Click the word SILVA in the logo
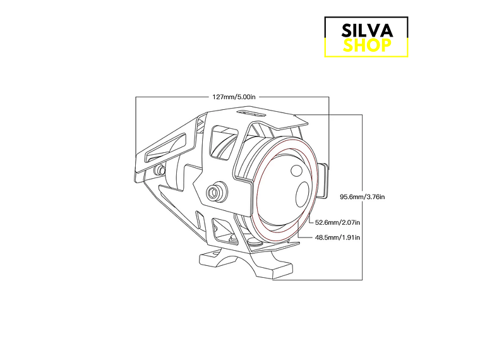point(366,30)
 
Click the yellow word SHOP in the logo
point(366,45)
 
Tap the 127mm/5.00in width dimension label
point(234,97)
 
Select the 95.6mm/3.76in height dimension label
point(362,197)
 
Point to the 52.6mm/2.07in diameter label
point(337,222)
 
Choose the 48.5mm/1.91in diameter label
point(337,237)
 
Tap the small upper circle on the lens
point(297,169)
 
